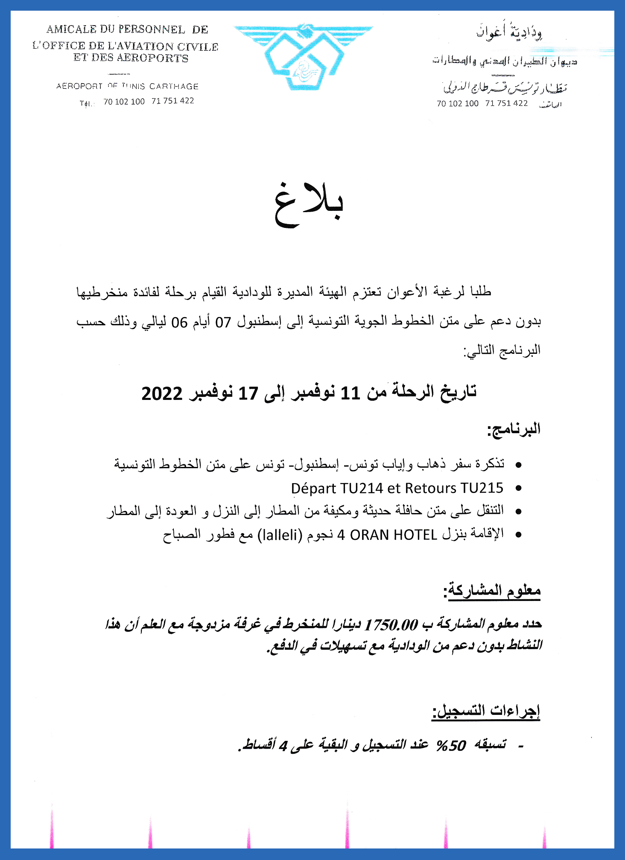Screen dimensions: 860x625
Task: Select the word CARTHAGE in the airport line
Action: pos(174,86)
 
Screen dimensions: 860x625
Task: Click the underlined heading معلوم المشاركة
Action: pos(493,591)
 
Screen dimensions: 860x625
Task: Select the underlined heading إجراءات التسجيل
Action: pos(486,711)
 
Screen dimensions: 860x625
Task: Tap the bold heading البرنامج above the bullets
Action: pos(514,429)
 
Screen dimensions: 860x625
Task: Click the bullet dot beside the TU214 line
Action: pos(519,488)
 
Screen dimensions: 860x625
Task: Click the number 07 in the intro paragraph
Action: pos(223,322)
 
